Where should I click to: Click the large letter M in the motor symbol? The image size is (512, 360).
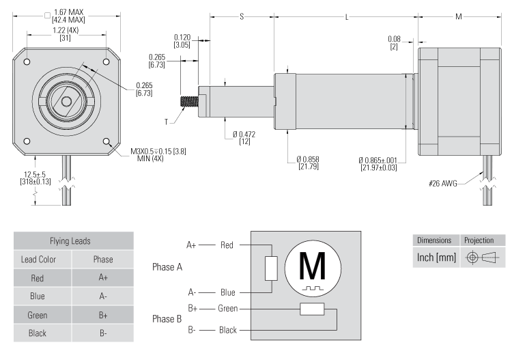point(313,266)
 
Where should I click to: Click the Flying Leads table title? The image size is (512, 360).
point(76,241)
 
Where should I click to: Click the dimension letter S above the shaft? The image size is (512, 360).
point(242,16)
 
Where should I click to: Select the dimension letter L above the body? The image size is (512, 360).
point(346,16)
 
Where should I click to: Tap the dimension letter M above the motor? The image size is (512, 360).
point(458,16)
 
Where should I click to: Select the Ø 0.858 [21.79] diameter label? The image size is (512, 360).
point(309,163)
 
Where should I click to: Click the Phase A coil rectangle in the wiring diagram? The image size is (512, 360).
point(271,269)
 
